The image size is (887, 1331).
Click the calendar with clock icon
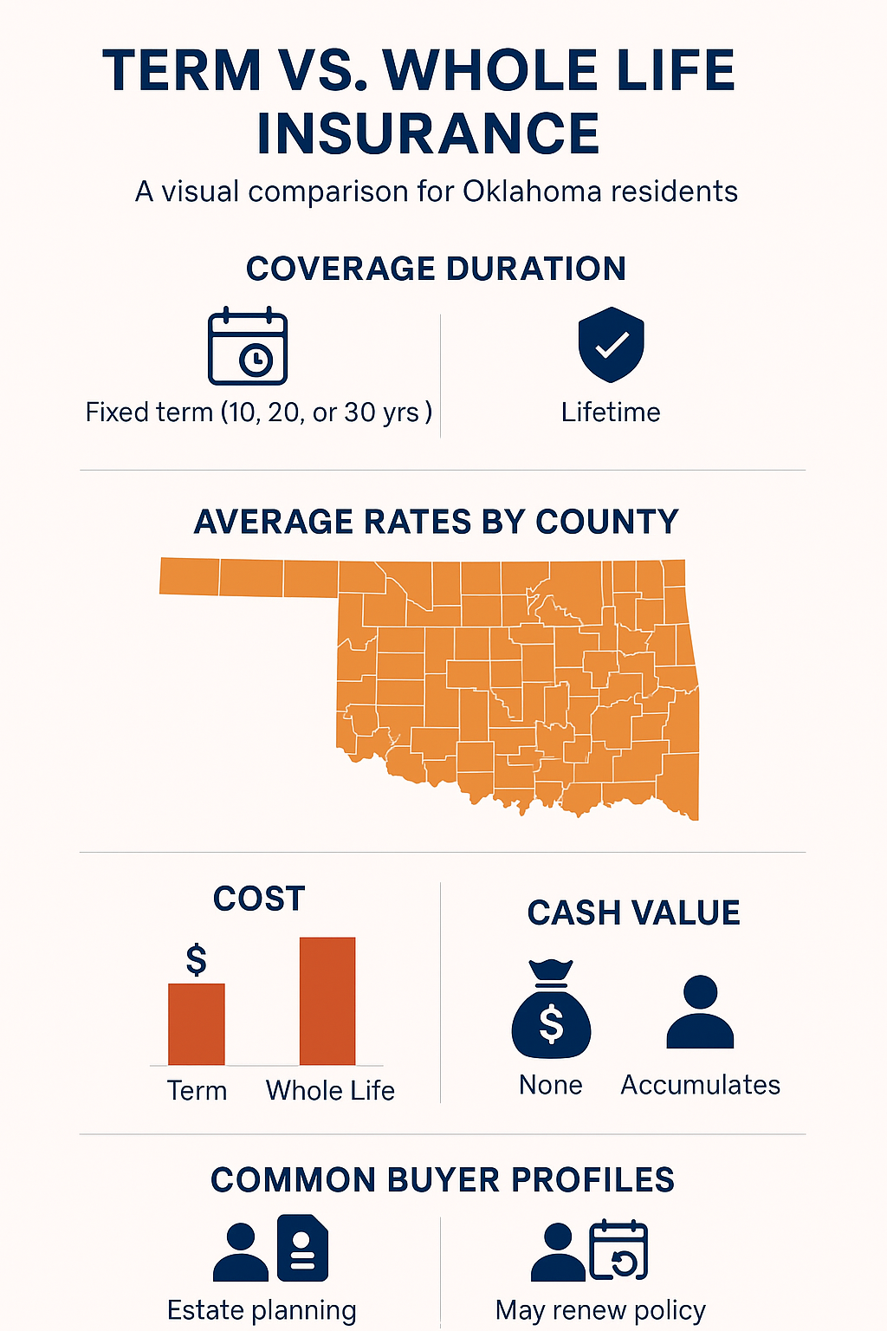248,347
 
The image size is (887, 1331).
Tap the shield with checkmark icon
611,345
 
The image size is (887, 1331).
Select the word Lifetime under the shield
611,412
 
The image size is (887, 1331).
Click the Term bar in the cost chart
197,1024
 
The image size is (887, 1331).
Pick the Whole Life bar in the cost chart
327,1001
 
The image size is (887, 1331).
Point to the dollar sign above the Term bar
197,960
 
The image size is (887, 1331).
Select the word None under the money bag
551,1085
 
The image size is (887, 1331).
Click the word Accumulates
700,1085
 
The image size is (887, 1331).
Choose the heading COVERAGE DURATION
436,269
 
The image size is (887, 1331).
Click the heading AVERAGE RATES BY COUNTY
436,522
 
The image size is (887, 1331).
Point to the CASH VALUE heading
633,913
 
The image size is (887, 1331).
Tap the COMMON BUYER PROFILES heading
443,1180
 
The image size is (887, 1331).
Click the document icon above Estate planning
302,1248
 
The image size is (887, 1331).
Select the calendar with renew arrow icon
618,1250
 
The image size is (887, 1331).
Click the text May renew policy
600,1310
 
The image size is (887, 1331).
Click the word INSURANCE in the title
428,133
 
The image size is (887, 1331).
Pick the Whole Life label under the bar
330,1090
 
